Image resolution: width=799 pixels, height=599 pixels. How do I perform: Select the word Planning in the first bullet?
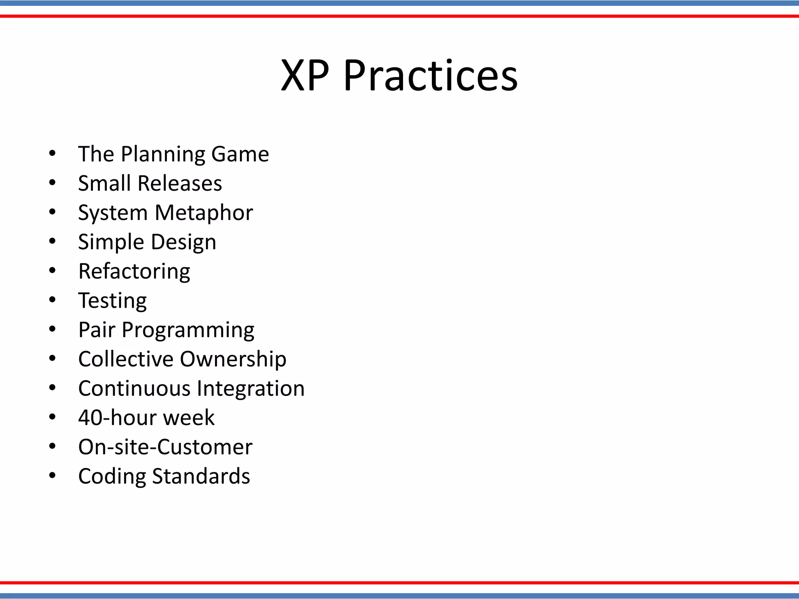click(x=163, y=154)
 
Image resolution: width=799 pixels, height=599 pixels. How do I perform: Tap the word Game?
click(x=240, y=154)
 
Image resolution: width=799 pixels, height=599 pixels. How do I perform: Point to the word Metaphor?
click(x=204, y=213)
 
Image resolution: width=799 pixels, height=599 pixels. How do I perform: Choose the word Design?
click(x=183, y=242)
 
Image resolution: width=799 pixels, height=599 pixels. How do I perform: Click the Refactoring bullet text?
click(x=134, y=271)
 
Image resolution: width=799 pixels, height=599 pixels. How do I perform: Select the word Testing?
click(x=112, y=301)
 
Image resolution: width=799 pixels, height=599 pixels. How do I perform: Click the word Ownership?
click(x=233, y=359)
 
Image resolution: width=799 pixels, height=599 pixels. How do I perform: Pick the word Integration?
click(x=250, y=388)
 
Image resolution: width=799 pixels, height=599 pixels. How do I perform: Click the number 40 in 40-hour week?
click(x=91, y=418)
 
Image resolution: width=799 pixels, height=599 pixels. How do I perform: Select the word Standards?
click(x=201, y=476)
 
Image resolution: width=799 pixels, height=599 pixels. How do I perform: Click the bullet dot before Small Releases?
click(x=52, y=183)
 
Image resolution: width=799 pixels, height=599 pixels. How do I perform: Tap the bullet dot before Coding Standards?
click(x=52, y=475)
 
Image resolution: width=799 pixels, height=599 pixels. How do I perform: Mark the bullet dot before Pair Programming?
click(x=52, y=329)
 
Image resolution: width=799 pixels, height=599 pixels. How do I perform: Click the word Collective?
click(x=126, y=359)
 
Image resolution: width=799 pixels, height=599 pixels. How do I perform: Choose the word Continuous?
click(x=134, y=388)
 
